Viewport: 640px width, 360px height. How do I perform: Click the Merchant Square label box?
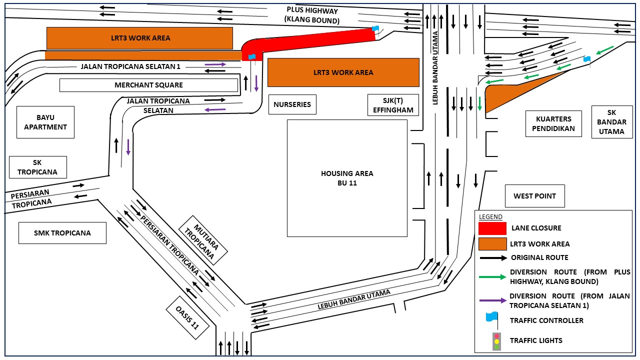148,85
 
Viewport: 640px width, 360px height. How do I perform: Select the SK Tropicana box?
37,167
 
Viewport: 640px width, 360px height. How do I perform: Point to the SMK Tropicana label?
62,233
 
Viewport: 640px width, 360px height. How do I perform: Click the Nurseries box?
292,104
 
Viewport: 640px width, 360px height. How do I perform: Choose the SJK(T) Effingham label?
393,104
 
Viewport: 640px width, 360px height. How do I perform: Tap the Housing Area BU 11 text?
347,178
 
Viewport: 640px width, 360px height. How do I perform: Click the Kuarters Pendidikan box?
553,123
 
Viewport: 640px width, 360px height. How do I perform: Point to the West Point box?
534,196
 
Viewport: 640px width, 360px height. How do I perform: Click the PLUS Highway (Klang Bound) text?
312,15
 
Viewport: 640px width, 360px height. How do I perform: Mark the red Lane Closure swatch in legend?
492,228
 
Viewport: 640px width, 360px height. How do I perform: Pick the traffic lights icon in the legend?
496,341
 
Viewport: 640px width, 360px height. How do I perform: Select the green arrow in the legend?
492,276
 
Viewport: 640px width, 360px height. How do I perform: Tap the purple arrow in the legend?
492,300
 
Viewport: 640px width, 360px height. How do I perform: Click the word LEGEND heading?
490,216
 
